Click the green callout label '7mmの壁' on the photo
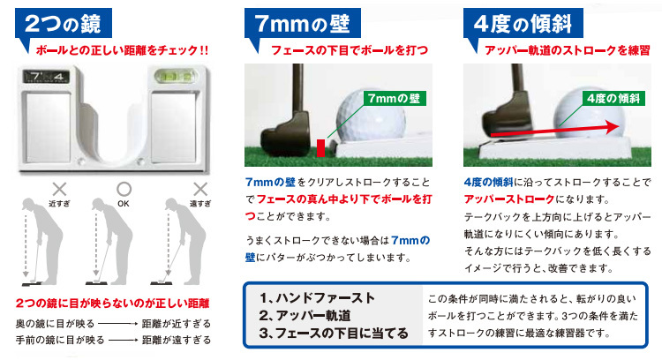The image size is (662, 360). [x=394, y=99]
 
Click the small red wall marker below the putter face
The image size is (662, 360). [x=320, y=144]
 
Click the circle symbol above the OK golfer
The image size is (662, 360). [x=123, y=187]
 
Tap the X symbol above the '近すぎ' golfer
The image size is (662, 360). [x=60, y=187]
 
